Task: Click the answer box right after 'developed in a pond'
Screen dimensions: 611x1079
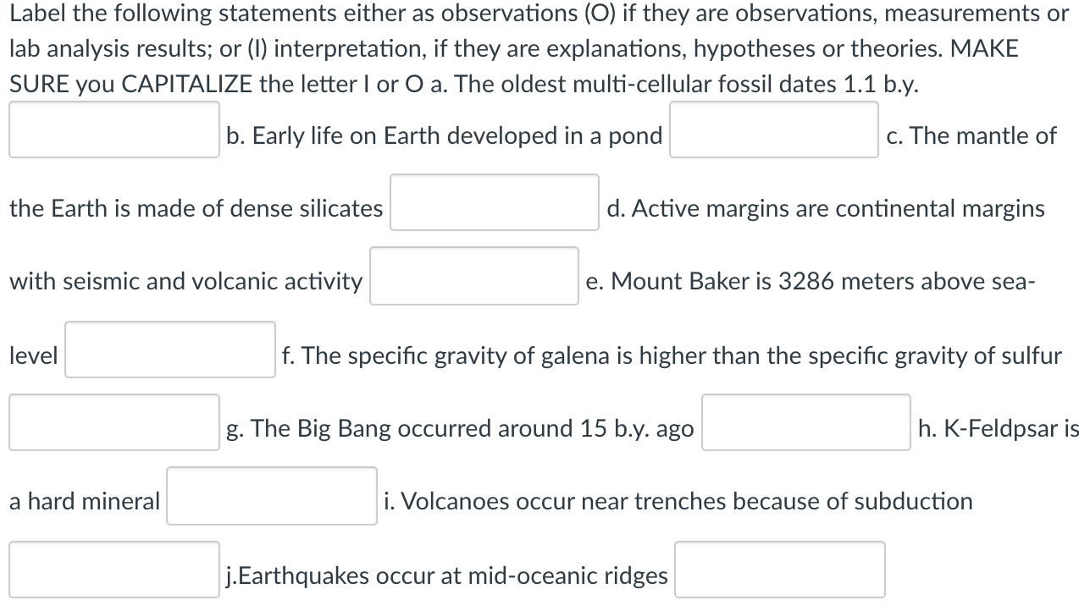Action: click(x=773, y=129)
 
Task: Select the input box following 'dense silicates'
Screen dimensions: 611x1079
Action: click(x=494, y=202)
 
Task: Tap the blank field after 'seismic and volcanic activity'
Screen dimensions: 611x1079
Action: click(x=473, y=276)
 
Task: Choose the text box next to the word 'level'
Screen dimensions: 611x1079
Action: click(x=170, y=350)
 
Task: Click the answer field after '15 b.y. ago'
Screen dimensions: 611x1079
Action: click(x=805, y=422)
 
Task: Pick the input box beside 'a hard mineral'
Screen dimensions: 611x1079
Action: click(x=271, y=496)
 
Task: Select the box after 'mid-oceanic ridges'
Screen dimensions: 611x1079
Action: click(x=779, y=570)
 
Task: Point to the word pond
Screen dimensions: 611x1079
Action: click(x=637, y=135)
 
